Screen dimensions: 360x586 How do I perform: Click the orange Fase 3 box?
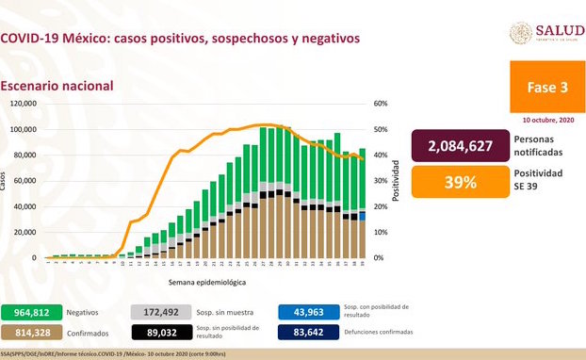[546, 87]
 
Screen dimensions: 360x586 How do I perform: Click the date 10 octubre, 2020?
[546, 121]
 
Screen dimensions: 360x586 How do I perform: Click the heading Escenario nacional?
[57, 86]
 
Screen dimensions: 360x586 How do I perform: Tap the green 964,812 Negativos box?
[32, 310]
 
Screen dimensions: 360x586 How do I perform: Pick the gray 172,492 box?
[156, 310]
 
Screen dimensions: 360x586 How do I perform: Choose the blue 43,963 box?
[303, 310]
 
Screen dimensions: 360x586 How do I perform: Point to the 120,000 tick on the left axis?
[23, 104]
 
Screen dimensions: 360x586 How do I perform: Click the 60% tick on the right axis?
[381, 104]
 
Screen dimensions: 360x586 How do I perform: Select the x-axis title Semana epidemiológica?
[207, 282]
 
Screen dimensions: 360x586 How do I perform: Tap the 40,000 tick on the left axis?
[24, 206]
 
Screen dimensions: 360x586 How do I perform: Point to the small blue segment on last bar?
[363, 217]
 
